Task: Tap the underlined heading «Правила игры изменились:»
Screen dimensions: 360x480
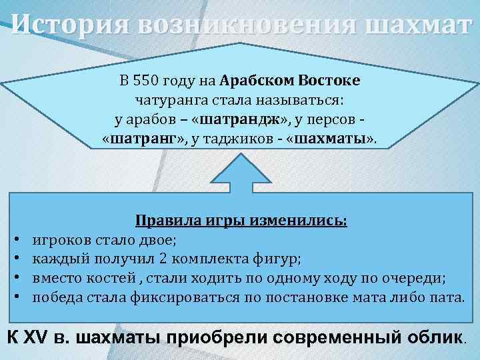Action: pos(241,221)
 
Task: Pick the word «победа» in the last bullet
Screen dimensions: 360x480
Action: pos(57,296)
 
